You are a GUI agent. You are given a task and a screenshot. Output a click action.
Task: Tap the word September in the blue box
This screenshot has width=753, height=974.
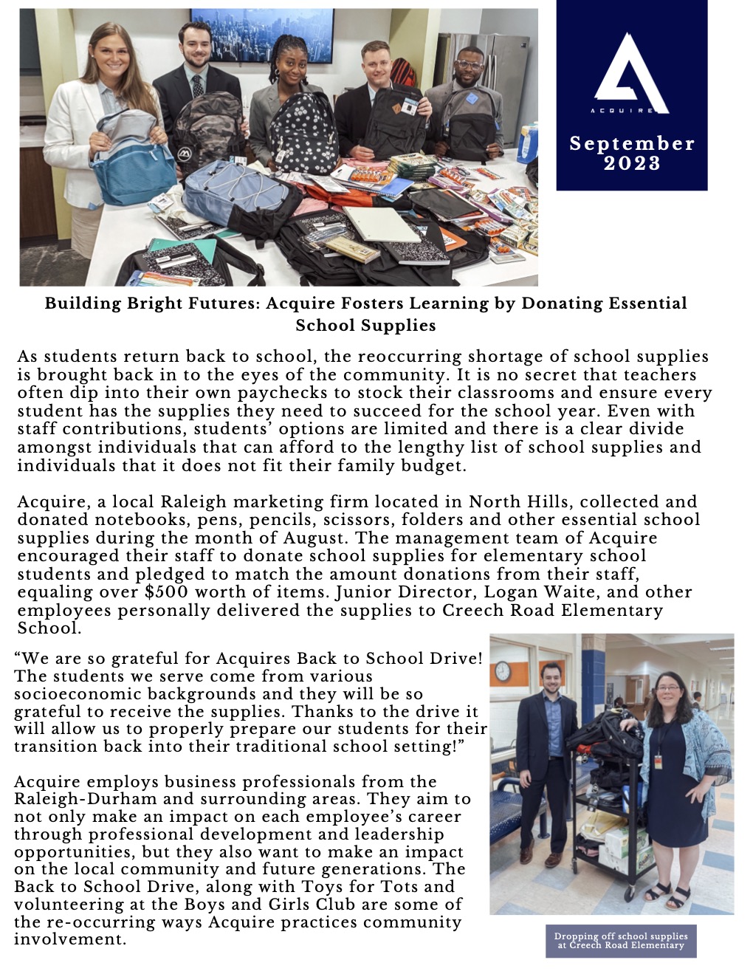632,143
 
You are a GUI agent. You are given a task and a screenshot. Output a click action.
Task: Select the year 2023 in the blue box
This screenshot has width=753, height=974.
632,163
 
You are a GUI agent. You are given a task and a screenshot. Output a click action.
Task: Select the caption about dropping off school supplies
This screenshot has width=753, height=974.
621,941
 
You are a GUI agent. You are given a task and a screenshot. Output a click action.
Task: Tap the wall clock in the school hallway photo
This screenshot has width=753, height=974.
503,671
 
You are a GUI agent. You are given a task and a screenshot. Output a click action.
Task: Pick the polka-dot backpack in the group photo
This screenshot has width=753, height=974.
303,133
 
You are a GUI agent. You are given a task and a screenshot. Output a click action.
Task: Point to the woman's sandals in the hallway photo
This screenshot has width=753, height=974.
667,896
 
